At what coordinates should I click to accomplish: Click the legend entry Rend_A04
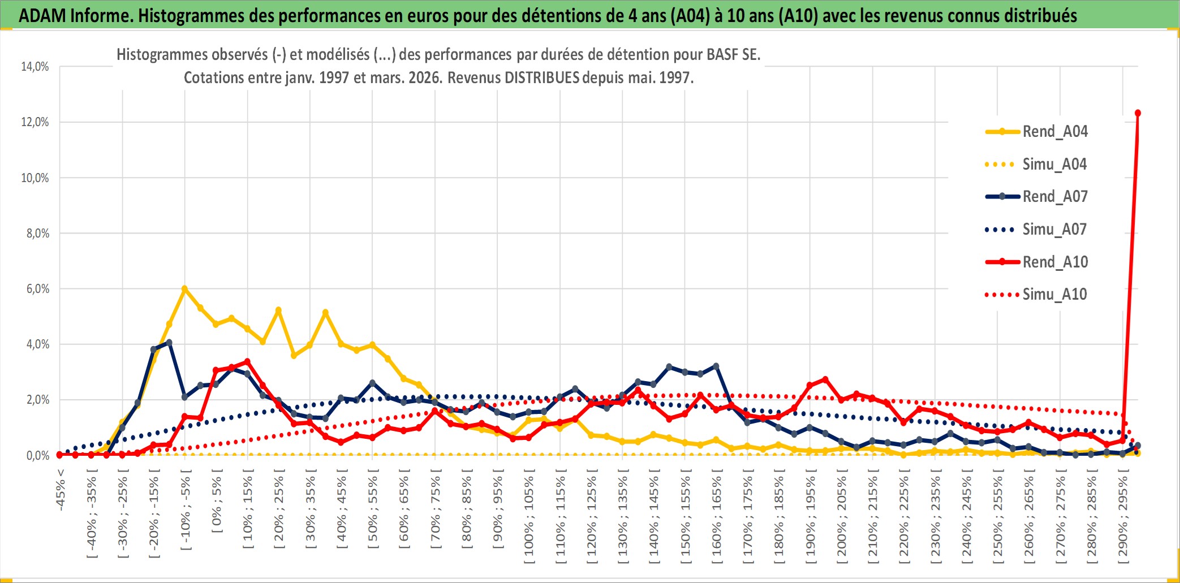pyautogui.click(x=1054, y=132)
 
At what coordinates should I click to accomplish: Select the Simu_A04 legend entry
pyautogui.click(x=1054, y=165)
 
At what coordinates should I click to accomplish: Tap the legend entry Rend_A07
pyautogui.click(x=1054, y=197)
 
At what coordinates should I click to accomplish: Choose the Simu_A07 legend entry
pyautogui.click(x=1054, y=230)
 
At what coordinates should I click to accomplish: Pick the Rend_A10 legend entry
pyautogui.click(x=1054, y=262)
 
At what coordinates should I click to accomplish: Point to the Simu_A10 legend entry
pyautogui.click(x=1054, y=295)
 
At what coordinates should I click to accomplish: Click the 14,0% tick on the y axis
pyautogui.click(x=35, y=67)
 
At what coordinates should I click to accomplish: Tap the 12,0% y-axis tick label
pyautogui.click(x=35, y=122)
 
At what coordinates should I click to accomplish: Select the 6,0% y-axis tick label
pyautogui.click(x=37, y=289)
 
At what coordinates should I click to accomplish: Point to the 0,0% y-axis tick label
pyautogui.click(x=37, y=456)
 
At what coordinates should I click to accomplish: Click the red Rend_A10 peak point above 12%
pyautogui.click(x=1138, y=113)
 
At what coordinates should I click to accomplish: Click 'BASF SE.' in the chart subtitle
pyautogui.click(x=733, y=55)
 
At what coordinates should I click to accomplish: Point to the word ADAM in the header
pyautogui.click(x=42, y=16)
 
